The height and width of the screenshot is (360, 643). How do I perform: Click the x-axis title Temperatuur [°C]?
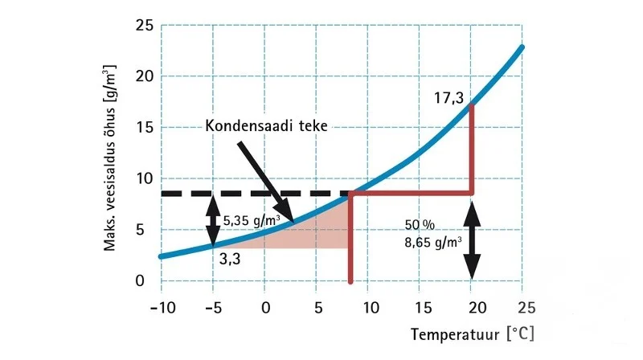tap(472, 333)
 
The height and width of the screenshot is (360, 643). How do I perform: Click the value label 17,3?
tap(448, 98)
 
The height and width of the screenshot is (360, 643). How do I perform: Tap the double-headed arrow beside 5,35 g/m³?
tap(213, 219)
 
